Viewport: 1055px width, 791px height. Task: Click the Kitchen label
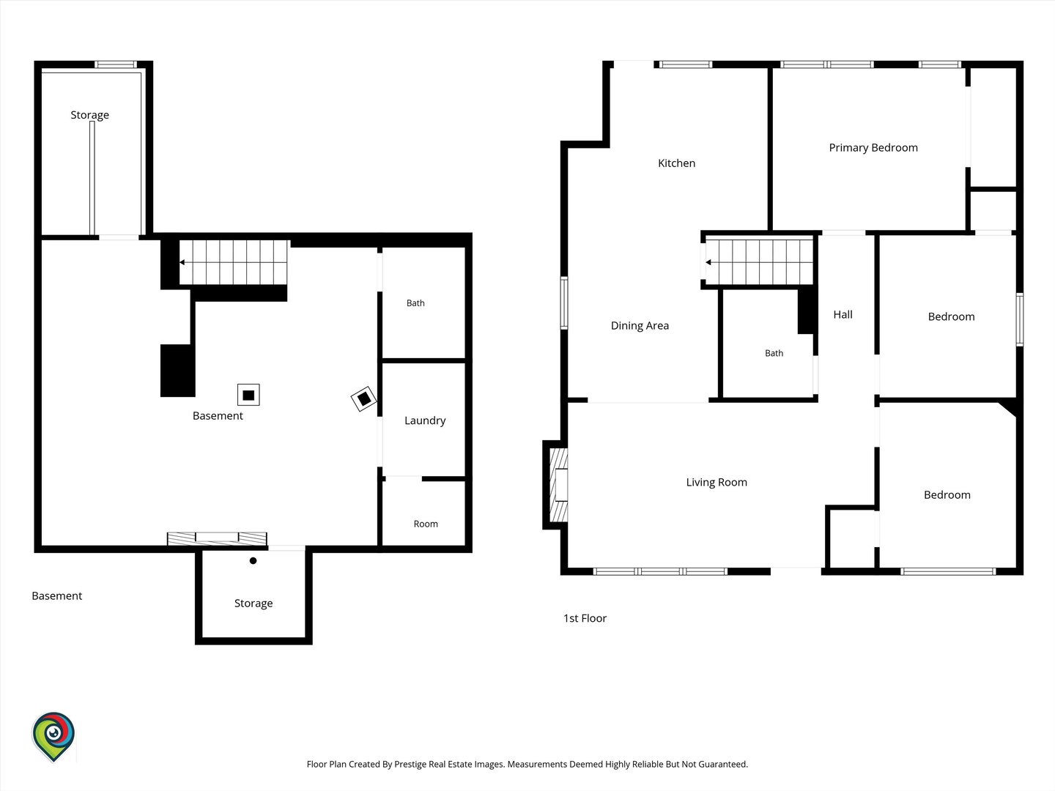click(676, 163)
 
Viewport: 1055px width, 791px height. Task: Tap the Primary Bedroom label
click(873, 148)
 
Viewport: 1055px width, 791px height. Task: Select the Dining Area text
click(640, 326)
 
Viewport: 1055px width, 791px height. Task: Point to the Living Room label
click(716, 482)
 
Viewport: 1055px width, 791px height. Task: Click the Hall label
click(843, 315)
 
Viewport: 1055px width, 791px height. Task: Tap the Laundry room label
click(425, 420)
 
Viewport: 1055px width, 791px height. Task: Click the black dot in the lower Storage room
click(253, 560)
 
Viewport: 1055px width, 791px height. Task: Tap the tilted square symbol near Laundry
click(363, 398)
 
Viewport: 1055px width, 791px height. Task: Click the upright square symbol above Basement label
click(248, 395)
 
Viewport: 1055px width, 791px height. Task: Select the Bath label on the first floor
click(774, 354)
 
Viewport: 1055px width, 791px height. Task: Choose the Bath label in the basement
click(415, 303)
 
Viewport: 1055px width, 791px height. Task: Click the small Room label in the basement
click(426, 524)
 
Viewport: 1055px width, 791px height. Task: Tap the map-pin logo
click(53, 736)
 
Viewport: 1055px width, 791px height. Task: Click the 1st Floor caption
click(585, 618)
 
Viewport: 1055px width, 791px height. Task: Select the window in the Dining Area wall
click(564, 303)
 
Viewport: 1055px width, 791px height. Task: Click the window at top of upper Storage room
click(115, 64)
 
